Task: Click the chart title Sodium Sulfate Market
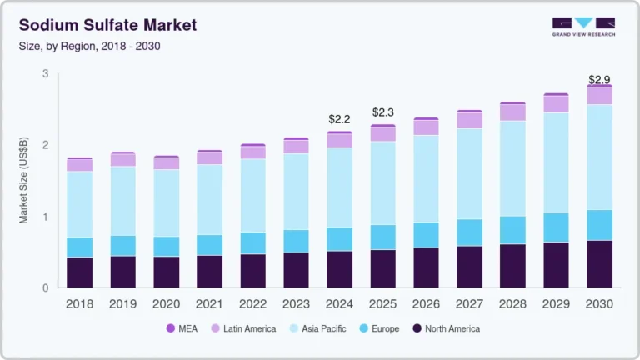107,25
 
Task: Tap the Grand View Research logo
583,27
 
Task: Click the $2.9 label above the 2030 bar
599,80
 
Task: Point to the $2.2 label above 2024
339,120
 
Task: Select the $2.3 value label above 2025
382,112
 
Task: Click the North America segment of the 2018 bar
80,272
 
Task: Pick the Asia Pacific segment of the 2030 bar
599,157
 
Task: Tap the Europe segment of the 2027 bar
469,232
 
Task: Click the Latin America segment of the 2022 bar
253,152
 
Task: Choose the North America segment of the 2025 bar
382,268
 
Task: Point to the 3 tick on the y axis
46,74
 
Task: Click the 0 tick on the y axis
46,288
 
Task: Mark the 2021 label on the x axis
210,304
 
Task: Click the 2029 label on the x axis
556,304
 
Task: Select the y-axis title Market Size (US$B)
24,181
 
